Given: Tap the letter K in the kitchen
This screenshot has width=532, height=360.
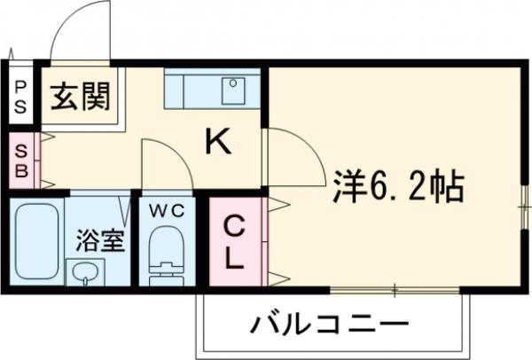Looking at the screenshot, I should pyautogui.click(x=218, y=141).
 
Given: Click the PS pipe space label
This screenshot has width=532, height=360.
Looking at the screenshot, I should pyautogui.click(x=20, y=97).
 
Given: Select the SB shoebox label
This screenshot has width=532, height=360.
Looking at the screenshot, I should pyautogui.click(x=20, y=160).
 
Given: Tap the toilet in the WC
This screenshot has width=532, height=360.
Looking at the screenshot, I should pyautogui.click(x=163, y=253).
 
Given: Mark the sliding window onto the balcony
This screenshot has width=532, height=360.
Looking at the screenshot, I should pyautogui.click(x=395, y=290).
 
